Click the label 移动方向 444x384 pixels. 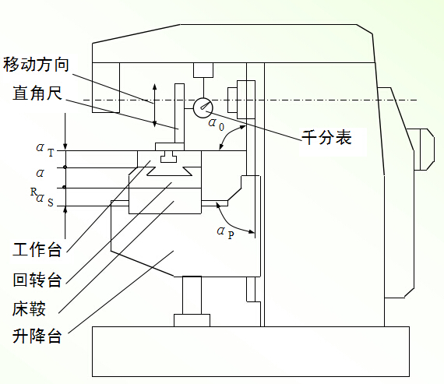pyautogui.click(x=36, y=65)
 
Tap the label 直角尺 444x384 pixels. pyautogui.click(x=37, y=93)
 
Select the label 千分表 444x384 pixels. pyautogui.click(x=326, y=138)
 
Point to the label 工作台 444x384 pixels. pyautogui.click(x=37, y=249)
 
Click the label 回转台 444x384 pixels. pyautogui.click(x=37, y=280)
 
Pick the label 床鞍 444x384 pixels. pyautogui.click(x=29, y=308)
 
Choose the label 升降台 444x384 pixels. pyautogui.click(x=37, y=336)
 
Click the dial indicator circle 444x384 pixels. pyautogui.click(x=203, y=108)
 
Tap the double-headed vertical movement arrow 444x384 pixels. pyautogui.click(x=154, y=105)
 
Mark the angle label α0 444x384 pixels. pyautogui.click(x=216, y=125)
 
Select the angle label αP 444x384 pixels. pyautogui.click(x=225, y=233)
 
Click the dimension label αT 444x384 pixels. pyautogui.click(x=45, y=150)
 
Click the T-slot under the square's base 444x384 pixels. pyautogui.click(x=168, y=157)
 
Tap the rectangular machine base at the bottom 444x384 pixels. pyautogui.click(x=251, y=351)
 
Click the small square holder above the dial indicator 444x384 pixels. pyautogui.click(x=203, y=70)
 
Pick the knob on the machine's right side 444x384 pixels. pyautogui.click(x=424, y=150)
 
